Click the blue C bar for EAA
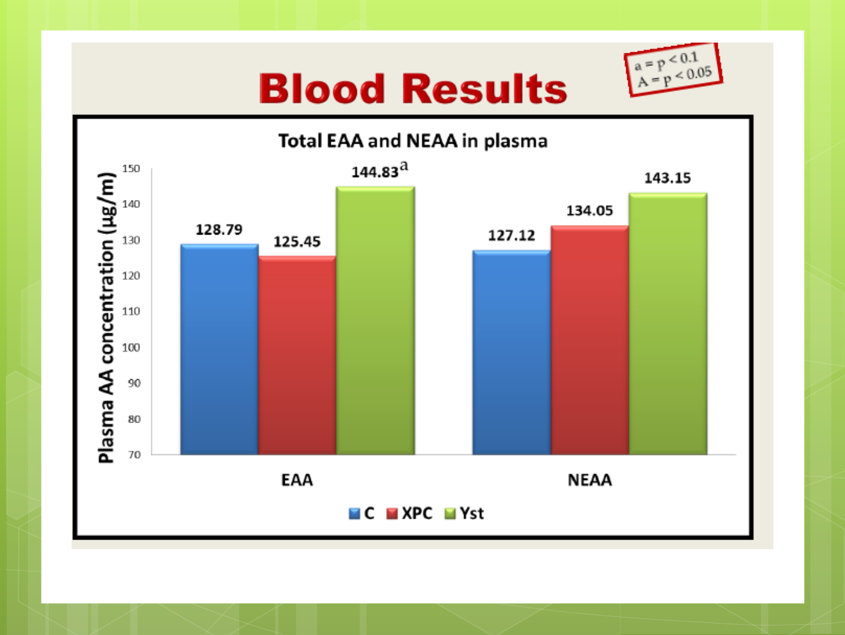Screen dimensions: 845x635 click(x=219, y=349)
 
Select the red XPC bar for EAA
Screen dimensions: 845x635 click(x=297, y=356)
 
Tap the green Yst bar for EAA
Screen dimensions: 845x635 click(x=376, y=321)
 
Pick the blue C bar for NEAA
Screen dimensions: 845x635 click(x=512, y=352)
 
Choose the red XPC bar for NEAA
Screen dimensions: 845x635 click(x=590, y=340)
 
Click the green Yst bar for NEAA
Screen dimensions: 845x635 click(x=668, y=324)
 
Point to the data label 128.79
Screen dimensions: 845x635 click(x=219, y=229)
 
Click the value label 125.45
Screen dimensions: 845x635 click(x=297, y=241)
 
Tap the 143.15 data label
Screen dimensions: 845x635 click(x=668, y=178)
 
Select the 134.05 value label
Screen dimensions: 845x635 click(x=589, y=210)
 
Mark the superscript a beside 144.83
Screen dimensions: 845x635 click(x=404, y=166)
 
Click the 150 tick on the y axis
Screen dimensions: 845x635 click(x=131, y=169)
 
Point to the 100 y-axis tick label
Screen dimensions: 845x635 click(x=131, y=347)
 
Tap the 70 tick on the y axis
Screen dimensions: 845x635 click(x=134, y=454)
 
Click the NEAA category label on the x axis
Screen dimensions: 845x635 click(x=589, y=480)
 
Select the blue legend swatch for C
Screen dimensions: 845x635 click(x=354, y=513)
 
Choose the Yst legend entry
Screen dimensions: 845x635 click(x=464, y=513)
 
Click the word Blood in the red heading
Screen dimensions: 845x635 click(x=322, y=89)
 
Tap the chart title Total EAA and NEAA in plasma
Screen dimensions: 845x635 click(x=413, y=141)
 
